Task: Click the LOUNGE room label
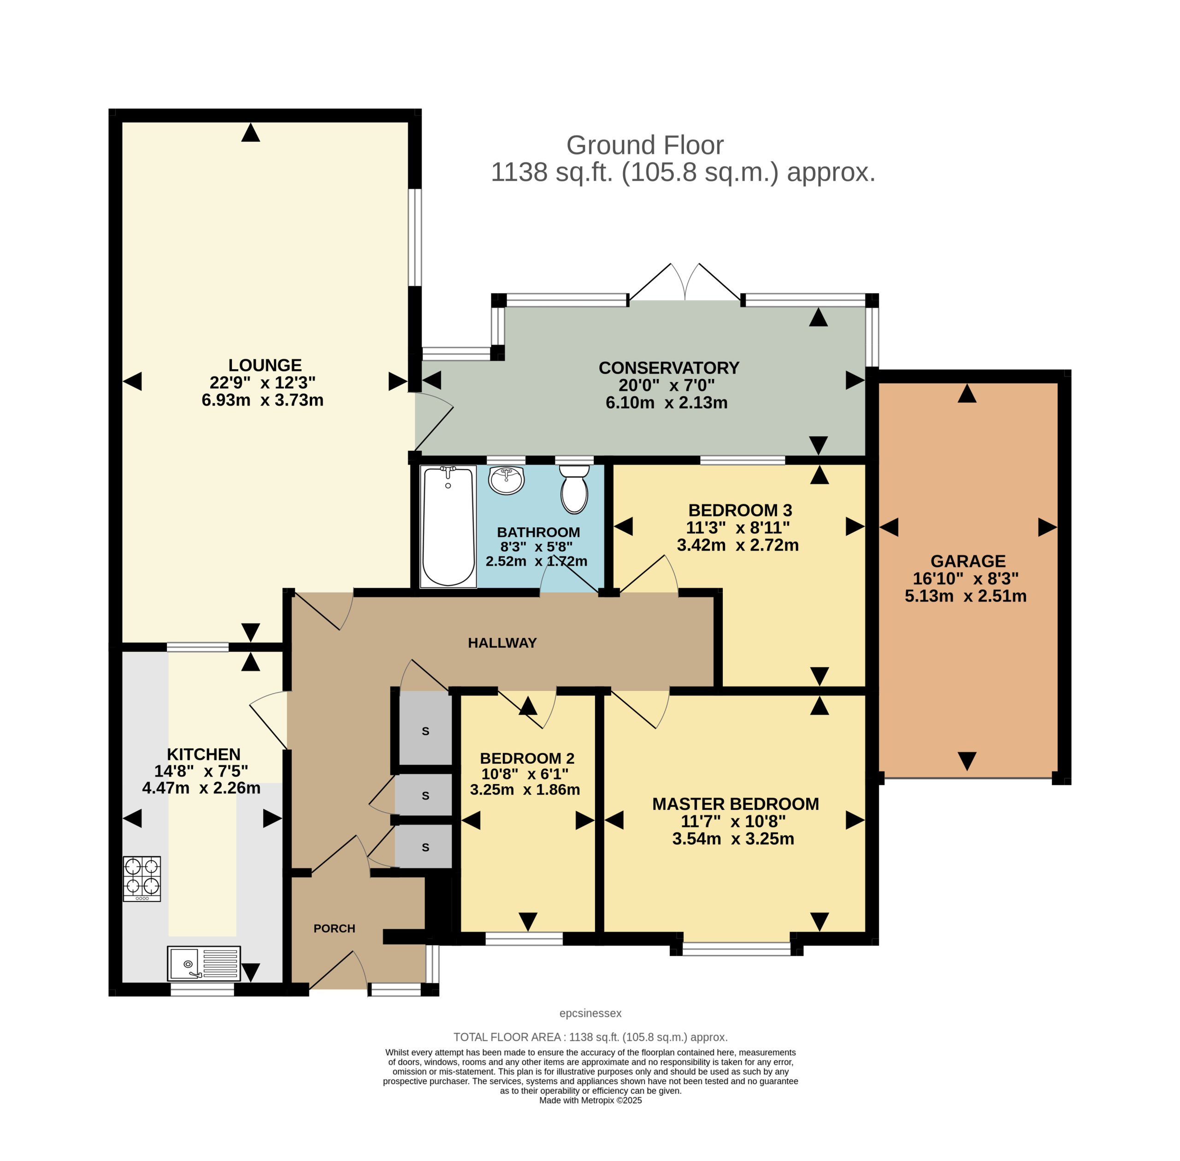point(265,365)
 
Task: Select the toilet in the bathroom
point(574,489)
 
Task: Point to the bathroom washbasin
point(506,480)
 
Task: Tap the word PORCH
point(334,928)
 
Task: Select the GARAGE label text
point(968,561)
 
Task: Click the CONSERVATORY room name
point(669,368)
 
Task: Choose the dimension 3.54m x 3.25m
point(733,838)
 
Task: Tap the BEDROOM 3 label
point(740,510)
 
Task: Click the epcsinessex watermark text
point(590,1014)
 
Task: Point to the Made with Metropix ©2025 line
point(590,1101)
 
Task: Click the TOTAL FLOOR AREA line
point(590,1037)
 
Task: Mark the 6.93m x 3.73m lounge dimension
point(262,400)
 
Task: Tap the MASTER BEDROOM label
point(736,804)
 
